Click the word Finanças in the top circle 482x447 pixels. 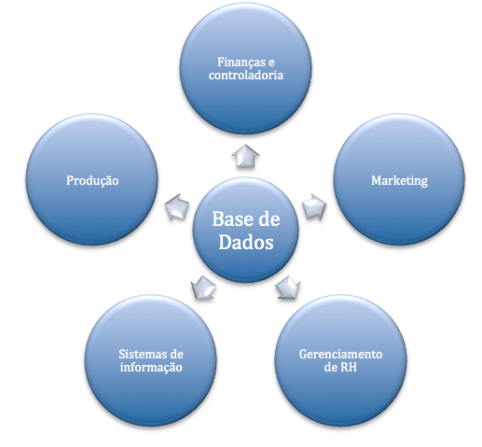[x=241, y=63]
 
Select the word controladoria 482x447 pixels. [x=246, y=76]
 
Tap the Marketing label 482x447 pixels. [x=399, y=181]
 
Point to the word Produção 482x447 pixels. [x=92, y=181]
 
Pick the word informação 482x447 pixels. [x=151, y=368]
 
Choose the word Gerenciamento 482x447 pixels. [x=340, y=354]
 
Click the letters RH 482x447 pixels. [x=349, y=368]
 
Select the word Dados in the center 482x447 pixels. [x=246, y=242]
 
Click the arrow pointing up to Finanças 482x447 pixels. [x=245, y=157]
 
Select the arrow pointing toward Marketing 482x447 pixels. [x=314, y=207]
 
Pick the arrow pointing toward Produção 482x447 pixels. [x=177, y=207]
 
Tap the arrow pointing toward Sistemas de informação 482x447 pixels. [x=203, y=287]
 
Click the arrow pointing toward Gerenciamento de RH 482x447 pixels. [x=288, y=287]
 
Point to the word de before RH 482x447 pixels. [x=331, y=368]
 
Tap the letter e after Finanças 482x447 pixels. [x=271, y=63]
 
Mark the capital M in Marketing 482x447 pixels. [x=377, y=180]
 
